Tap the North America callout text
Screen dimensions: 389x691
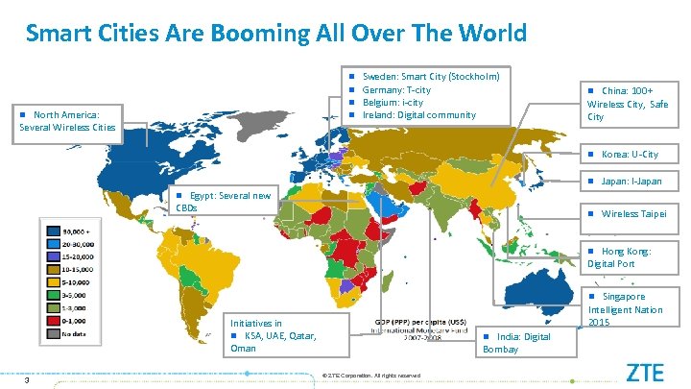[67, 120]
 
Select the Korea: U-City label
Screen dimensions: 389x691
[630, 154]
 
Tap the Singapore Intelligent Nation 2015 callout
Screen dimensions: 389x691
[626, 309]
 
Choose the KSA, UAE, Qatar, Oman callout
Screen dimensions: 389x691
[274, 336]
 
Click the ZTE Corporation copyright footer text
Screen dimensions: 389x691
[372, 375]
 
